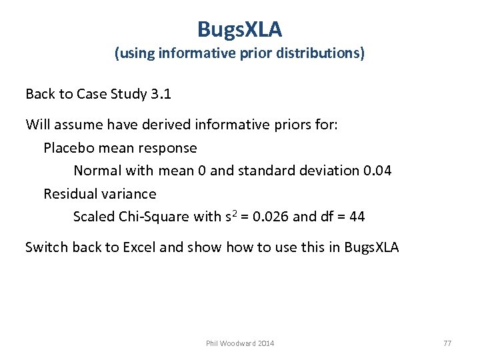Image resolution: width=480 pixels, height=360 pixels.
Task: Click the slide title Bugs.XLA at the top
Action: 240,29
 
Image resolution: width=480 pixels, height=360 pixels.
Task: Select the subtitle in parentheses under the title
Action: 240,53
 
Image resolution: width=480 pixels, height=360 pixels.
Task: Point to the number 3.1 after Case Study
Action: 161,94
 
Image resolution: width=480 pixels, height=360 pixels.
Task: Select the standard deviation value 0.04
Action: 378,171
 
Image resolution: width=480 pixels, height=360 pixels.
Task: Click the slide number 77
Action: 447,343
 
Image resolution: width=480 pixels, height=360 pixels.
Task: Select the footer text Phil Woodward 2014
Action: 240,343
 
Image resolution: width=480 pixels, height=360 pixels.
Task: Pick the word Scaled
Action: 94,217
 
